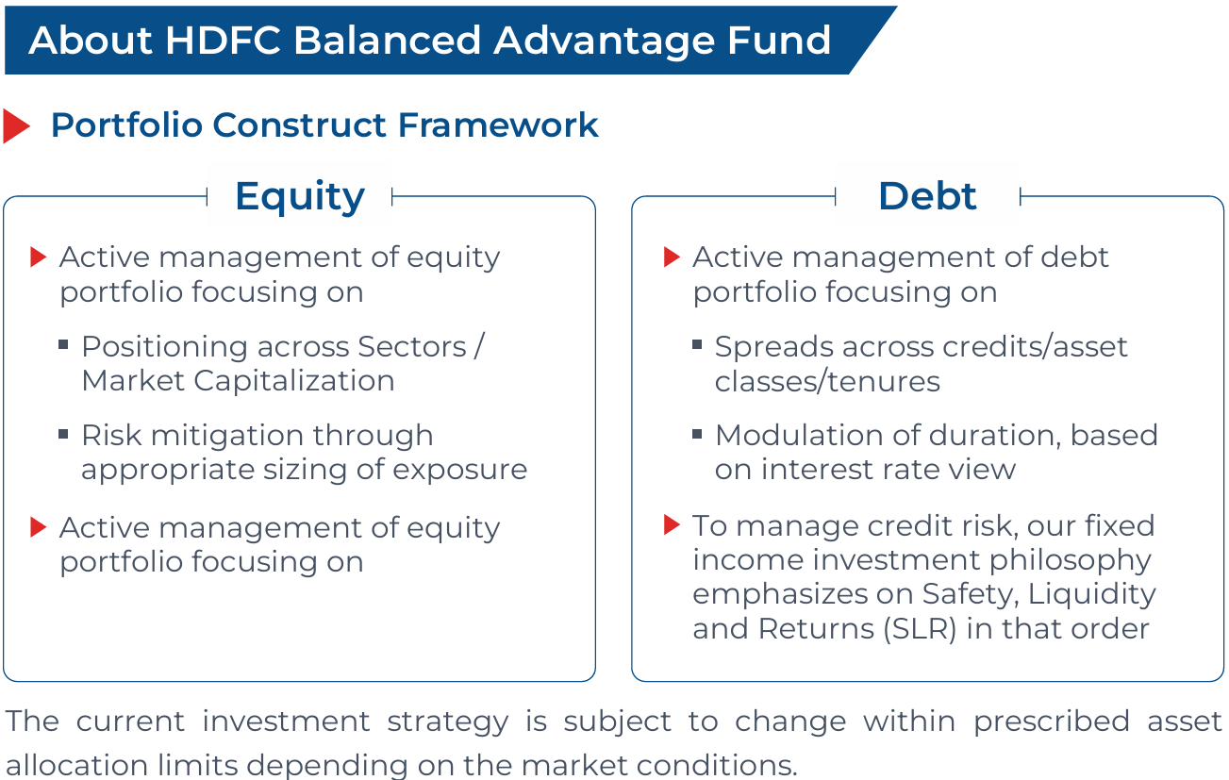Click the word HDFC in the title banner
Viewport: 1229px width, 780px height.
point(223,40)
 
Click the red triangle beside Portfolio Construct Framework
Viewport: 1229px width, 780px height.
point(16,125)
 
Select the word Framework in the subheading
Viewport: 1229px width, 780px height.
point(498,124)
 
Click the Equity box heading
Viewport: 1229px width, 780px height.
point(300,197)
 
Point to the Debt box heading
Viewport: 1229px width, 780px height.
point(927,196)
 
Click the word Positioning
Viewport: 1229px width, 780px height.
point(165,348)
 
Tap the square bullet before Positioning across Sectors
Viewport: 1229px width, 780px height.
point(63,344)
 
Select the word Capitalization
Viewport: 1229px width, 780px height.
point(294,381)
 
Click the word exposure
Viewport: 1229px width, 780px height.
point(459,470)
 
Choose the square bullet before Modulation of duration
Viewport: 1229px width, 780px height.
point(697,435)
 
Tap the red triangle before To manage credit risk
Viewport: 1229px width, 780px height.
point(673,524)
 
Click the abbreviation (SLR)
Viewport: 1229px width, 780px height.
point(921,628)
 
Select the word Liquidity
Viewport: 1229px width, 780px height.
point(1091,595)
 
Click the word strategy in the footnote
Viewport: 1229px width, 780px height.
point(448,722)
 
